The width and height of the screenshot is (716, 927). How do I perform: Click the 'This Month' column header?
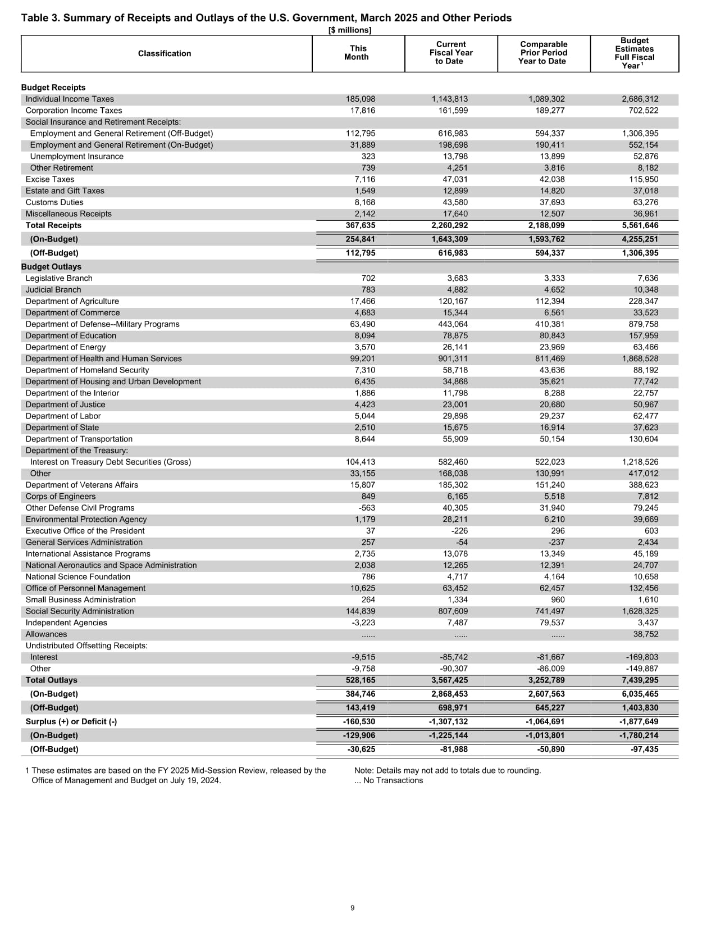tap(357, 53)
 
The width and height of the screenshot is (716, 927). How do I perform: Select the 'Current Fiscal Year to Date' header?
tap(450, 53)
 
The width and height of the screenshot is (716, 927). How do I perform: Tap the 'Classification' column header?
tap(165, 53)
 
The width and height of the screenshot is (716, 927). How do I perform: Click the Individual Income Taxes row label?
tap(70, 99)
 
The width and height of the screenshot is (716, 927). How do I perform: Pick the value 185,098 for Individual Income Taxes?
tap(361, 99)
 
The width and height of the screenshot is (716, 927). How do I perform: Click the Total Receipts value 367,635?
tap(361, 225)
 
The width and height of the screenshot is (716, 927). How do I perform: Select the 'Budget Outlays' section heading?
tap(51, 267)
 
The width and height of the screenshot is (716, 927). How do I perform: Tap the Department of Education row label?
tap(71, 335)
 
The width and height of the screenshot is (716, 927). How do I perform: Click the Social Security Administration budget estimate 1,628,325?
tap(640, 611)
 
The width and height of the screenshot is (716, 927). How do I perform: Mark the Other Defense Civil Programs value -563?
tap(366, 508)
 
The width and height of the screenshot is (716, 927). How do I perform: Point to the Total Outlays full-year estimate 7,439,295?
tap(640, 680)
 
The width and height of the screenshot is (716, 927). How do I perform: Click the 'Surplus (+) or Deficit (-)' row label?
tap(71, 721)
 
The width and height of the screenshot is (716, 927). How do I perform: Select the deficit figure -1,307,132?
tap(448, 721)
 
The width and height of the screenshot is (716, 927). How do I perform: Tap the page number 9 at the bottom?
tap(352, 908)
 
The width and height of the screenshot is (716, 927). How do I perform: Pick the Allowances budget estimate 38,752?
tap(646, 634)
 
